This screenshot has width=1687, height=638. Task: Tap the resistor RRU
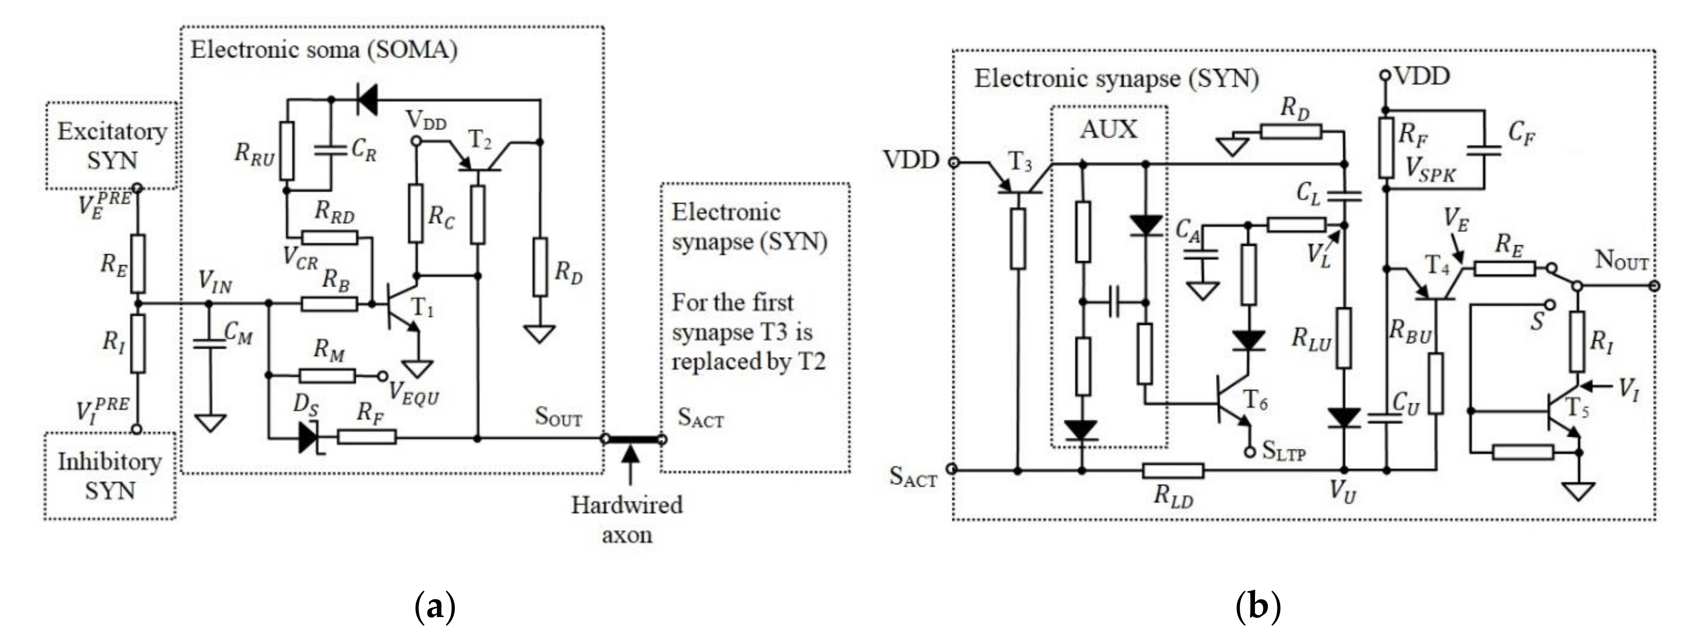click(287, 151)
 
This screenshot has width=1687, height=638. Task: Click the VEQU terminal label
click(414, 393)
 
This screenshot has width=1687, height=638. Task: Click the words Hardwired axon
click(627, 520)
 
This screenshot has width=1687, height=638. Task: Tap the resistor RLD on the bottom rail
click(1172, 470)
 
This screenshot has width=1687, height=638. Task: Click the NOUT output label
click(1621, 261)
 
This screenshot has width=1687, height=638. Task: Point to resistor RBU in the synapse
click(1435, 383)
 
